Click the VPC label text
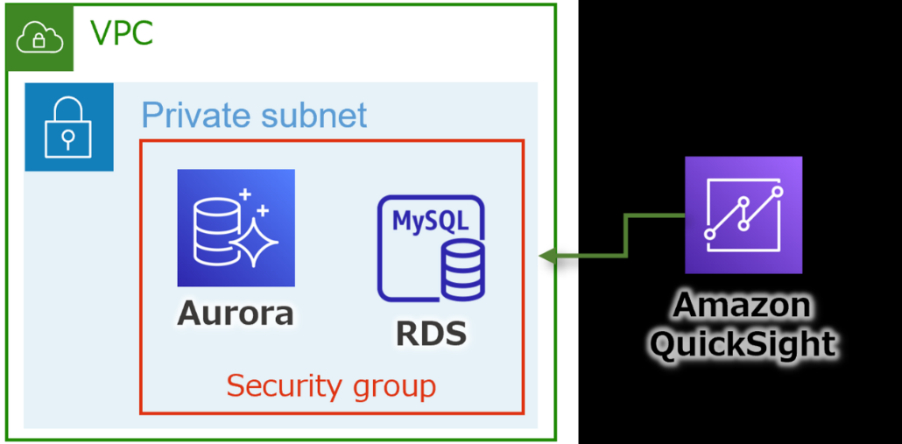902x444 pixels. pyautogui.click(x=122, y=34)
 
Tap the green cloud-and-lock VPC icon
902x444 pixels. pyautogui.click(x=39, y=38)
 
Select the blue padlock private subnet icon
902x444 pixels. pyautogui.click(x=68, y=127)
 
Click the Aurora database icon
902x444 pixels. pyautogui.click(x=236, y=228)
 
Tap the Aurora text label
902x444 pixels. pyautogui.click(x=236, y=313)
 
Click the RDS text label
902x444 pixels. pyautogui.click(x=430, y=333)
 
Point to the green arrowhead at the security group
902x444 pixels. pyautogui.click(x=547, y=256)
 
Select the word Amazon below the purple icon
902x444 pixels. pyautogui.click(x=742, y=306)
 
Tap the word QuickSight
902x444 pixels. pyautogui.click(x=743, y=343)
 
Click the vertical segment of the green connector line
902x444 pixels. pyautogui.click(x=625, y=235)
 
